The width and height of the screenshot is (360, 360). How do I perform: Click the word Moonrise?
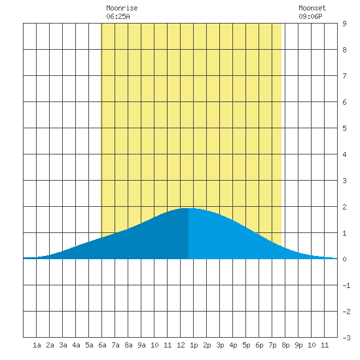point(122,8)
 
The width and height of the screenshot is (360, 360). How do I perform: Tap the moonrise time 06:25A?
point(118,16)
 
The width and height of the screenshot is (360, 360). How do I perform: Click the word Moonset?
point(312,8)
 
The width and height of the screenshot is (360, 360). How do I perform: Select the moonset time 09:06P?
point(310,16)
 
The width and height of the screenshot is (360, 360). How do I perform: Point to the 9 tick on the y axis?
point(344,24)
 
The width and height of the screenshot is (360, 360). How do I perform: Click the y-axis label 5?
point(344,128)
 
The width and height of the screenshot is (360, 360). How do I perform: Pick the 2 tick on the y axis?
point(344,207)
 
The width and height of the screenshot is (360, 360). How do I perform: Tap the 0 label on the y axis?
point(344,259)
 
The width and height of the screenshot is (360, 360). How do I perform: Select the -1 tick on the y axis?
point(346,285)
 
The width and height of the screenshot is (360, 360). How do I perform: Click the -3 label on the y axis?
point(346,338)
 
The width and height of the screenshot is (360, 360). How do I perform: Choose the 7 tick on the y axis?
point(344,76)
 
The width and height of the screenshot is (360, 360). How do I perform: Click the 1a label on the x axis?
point(37,345)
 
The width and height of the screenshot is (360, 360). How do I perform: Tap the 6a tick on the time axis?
point(102,345)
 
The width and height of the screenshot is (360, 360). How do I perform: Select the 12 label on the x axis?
point(181,345)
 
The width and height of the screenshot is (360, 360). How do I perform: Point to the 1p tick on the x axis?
point(194,345)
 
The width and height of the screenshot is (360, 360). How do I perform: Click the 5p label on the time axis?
point(246,345)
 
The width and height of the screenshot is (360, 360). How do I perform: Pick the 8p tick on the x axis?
point(285,345)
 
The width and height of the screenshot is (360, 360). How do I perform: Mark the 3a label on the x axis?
point(63,345)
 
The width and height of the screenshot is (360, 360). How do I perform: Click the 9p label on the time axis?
point(298,345)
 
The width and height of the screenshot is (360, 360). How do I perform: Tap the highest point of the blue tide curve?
point(189,208)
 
